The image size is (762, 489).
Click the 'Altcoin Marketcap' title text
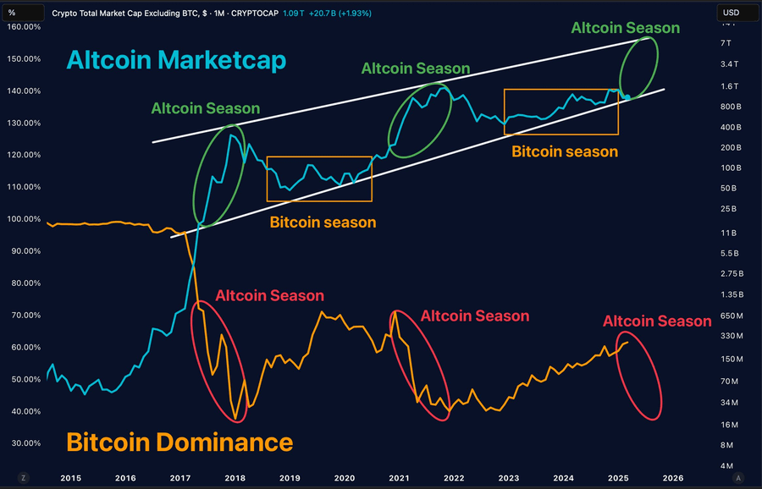click(176, 61)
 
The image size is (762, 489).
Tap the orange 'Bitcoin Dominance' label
click(179, 442)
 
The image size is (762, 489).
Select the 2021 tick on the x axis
click(399, 477)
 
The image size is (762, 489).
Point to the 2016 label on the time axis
click(124, 477)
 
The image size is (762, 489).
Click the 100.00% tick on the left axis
click(24, 219)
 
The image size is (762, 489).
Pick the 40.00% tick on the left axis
click(24, 411)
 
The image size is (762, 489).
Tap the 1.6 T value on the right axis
click(729, 86)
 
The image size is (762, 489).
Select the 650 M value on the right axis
click(731, 316)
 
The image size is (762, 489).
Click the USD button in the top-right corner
click(731, 13)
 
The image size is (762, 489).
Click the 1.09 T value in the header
click(292, 14)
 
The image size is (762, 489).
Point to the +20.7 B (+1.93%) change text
click(341, 14)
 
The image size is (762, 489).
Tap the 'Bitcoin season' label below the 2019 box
click(323, 223)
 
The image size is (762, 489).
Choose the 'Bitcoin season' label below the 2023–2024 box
click(565, 152)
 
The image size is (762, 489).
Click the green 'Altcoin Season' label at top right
click(625, 28)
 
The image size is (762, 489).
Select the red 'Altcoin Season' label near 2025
click(657, 321)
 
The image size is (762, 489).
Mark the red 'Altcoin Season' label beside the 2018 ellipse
click(269, 296)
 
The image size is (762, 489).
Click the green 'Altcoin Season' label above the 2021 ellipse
click(416, 69)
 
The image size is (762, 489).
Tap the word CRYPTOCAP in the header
click(256, 14)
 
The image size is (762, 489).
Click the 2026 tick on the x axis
click(672, 477)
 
